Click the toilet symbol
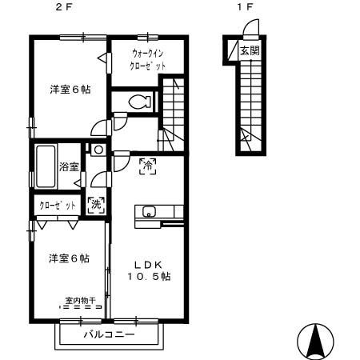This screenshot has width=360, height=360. (139, 102)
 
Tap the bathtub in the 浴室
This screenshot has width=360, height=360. (46, 166)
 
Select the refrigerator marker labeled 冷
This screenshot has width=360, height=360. (148, 166)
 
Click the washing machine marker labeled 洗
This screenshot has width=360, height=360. (96, 205)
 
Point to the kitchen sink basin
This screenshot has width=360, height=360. (150, 212)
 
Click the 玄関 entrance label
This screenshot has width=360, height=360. (250, 50)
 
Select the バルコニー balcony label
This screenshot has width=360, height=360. (110, 334)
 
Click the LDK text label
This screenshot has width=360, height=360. (148, 265)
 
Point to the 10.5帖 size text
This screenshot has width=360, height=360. (149, 277)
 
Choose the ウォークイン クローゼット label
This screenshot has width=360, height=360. (147, 60)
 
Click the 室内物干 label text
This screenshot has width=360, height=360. (81, 301)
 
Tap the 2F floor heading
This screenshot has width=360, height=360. (64, 7)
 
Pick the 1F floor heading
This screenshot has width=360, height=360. (245, 7)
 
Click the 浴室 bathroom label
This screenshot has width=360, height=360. (69, 167)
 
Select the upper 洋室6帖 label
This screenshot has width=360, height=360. (70, 90)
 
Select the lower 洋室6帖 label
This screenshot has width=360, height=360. (69, 258)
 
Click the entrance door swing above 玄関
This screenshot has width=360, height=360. (251, 27)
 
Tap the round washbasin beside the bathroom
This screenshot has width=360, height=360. (98, 150)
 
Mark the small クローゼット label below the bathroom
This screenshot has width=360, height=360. (58, 206)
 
